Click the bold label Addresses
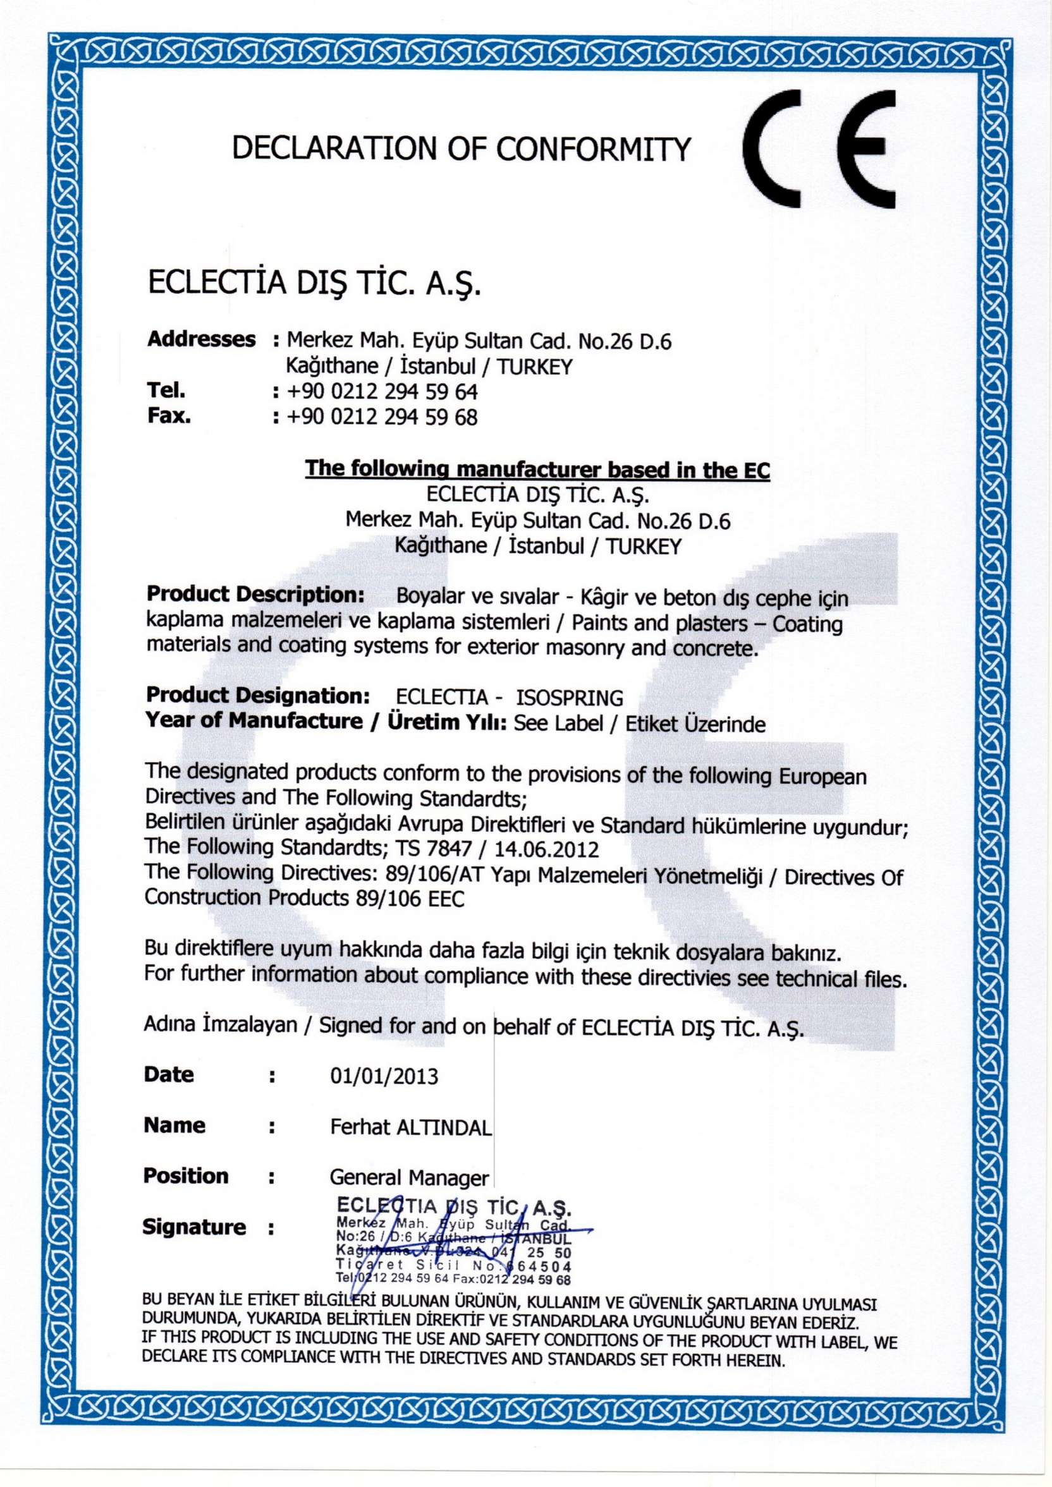point(202,339)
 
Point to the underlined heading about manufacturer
point(537,469)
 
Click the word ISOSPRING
point(569,698)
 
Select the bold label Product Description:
point(256,594)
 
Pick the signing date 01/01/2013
point(384,1076)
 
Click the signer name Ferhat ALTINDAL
point(411,1127)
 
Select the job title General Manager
point(409,1177)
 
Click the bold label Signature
point(194,1227)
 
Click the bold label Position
point(186,1176)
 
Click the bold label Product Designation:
point(258,696)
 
